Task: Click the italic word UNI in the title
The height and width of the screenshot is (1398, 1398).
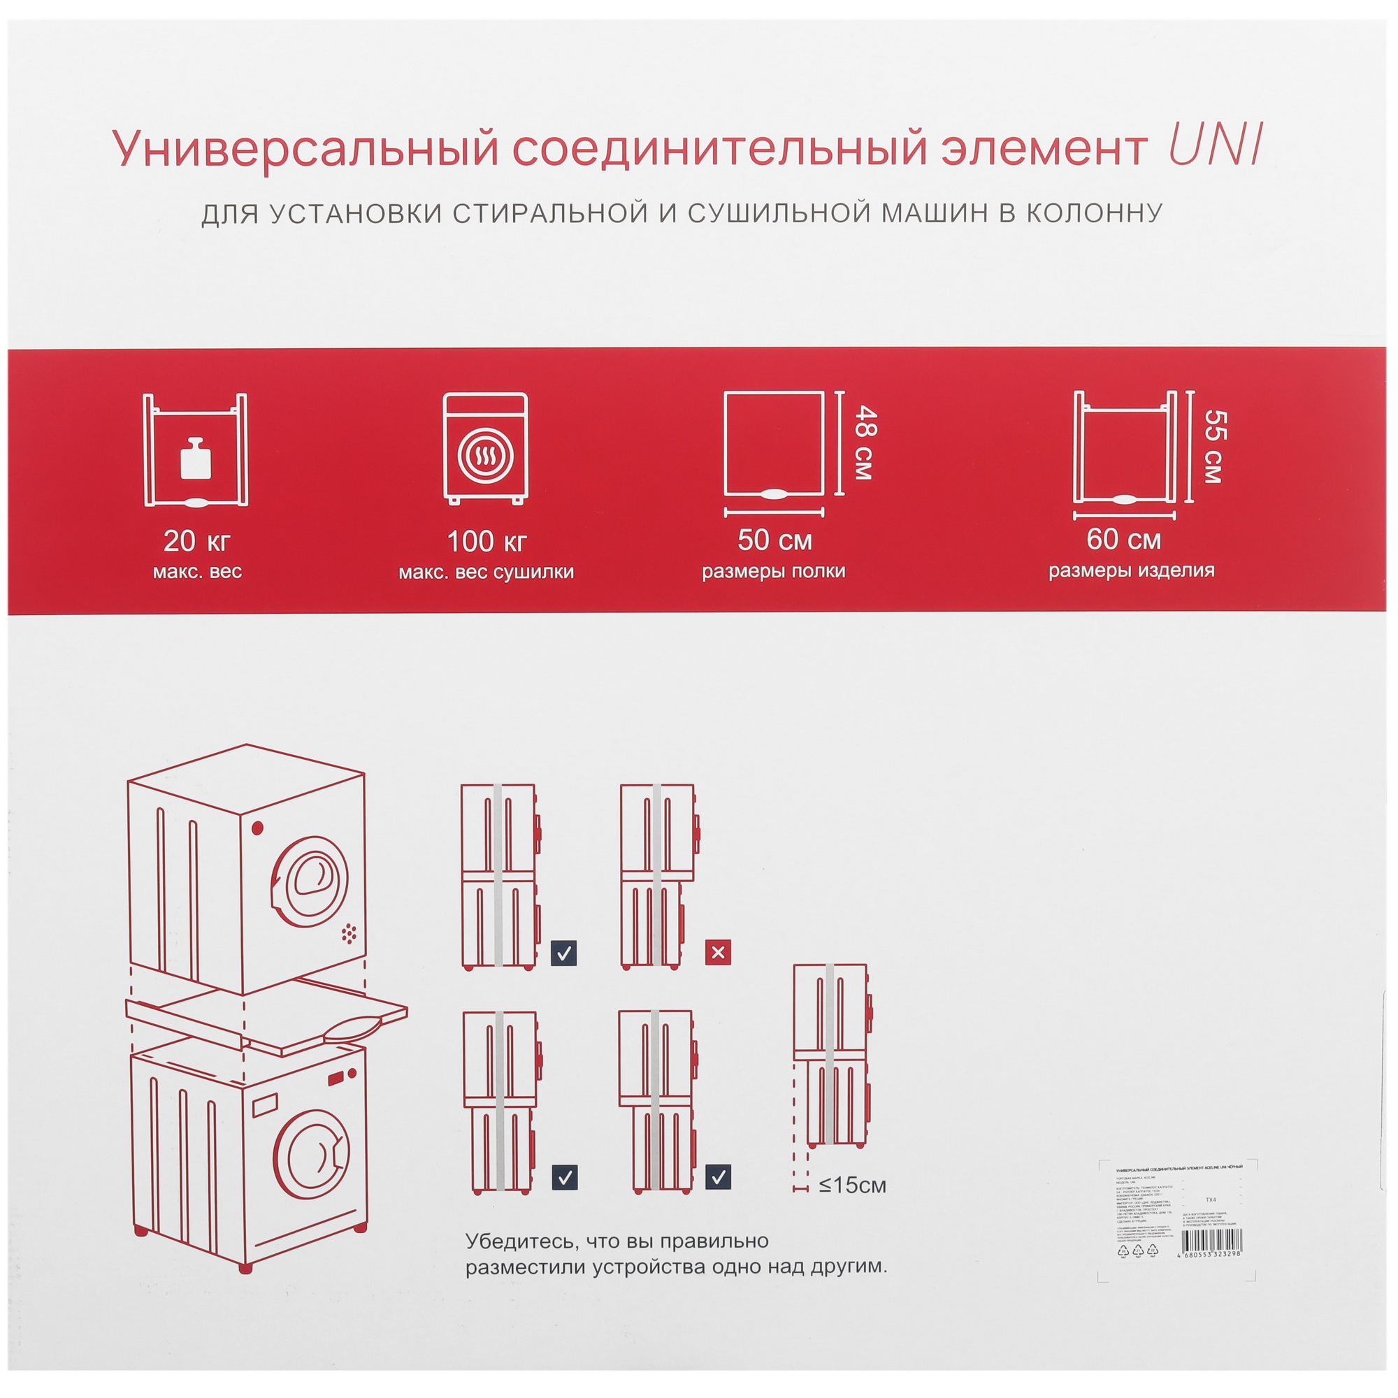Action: pos(1215,145)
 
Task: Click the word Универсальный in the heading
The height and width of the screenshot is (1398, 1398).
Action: pos(305,148)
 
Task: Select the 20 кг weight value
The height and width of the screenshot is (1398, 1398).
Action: pos(197,540)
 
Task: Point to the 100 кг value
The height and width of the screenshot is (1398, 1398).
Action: pos(487,541)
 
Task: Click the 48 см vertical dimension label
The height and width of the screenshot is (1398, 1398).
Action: pos(865,443)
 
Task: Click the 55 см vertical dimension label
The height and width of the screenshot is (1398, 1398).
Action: pos(1214,447)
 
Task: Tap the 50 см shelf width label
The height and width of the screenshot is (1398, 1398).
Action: pos(774,540)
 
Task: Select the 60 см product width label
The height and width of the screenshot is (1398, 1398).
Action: pos(1124,539)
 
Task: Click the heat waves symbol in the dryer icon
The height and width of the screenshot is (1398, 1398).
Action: pos(486,456)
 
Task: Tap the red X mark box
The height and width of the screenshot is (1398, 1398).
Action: pos(718,952)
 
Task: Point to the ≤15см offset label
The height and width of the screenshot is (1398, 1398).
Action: pos(851,1186)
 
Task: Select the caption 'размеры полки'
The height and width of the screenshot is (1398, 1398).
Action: pos(774,571)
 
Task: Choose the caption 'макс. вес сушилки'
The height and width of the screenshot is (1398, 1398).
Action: pos(487,572)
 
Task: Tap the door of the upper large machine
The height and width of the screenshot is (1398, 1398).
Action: pos(310,882)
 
